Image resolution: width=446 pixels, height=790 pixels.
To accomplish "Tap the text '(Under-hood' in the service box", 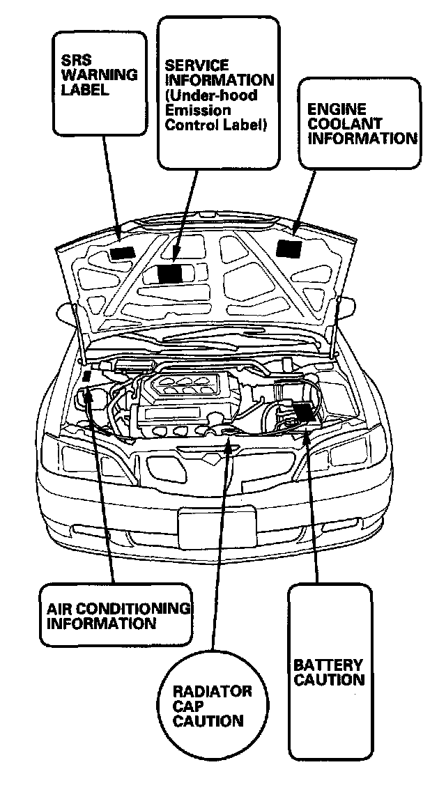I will point(210,95).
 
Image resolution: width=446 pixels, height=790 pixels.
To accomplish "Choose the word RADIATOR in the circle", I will point(212,692).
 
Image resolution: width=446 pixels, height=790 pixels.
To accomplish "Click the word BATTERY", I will point(328,665).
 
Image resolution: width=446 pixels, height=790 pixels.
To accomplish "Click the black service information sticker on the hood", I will point(171,273).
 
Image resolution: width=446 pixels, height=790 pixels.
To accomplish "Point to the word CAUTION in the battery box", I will point(329,680).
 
